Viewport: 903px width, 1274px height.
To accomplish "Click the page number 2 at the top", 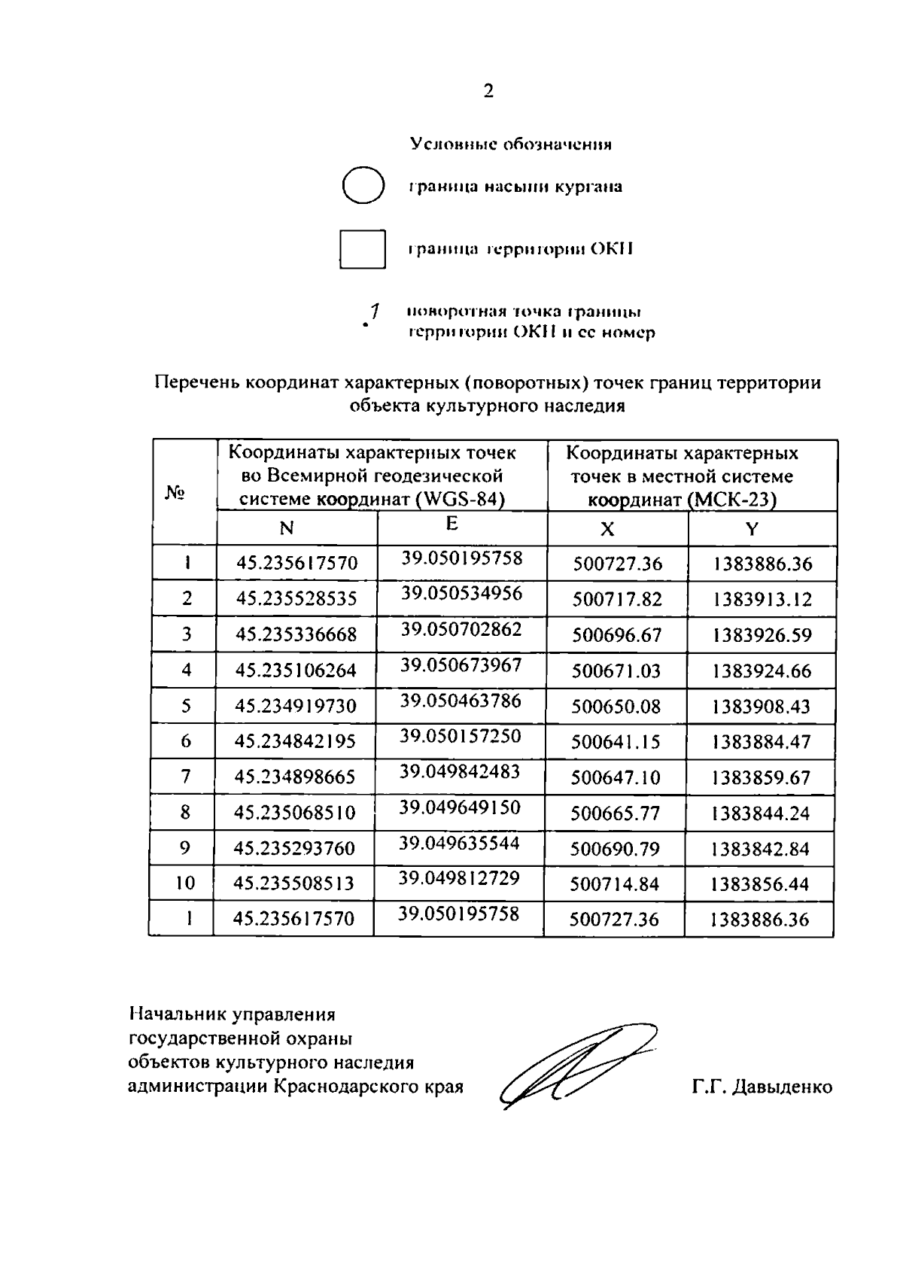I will pyautogui.click(x=488, y=92).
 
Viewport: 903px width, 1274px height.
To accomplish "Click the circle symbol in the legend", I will pyautogui.click(x=363, y=185).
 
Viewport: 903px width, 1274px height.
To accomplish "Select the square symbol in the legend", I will pyautogui.click(x=362, y=249).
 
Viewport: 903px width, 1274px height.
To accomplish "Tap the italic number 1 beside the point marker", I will pyautogui.click(x=372, y=311).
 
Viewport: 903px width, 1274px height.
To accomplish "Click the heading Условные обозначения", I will pyautogui.click(x=510, y=144).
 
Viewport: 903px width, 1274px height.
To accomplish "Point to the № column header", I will pyautogui.click(x=175, y=493).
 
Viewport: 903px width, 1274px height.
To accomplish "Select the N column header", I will pyautogui.click(x=286, y=529).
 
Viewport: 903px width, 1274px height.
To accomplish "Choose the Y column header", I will pyautogui.click(x=752, y=529).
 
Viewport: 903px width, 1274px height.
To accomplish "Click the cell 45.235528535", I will pyautogui.click(x=296, y=600).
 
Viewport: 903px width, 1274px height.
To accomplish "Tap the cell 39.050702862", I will pyautogui.click(x=461, y=629).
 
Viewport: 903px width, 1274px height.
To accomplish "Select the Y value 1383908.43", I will pyautogui.click(x=762, y=707).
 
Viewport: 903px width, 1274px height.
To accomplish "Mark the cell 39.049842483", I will pyautogui.click(x=459, y=771).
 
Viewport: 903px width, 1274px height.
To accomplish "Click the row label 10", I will pyautogui.click(x=184, y=883).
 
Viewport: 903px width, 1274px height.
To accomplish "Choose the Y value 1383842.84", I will pyautogui.click(x=760, y=849).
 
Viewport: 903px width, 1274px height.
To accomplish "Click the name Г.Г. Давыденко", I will pyautogui.click(x=762, y=1087).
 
